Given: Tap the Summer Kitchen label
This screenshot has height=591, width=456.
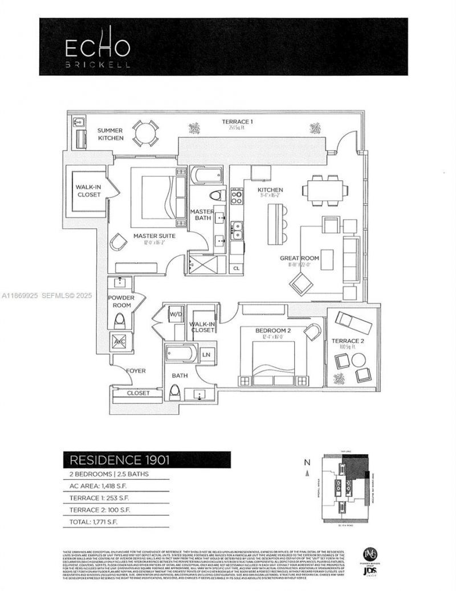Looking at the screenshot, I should [x=109, y=134].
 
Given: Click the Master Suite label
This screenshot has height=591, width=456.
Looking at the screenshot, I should [x=154, y=236].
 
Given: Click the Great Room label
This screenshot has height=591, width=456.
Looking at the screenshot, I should [x=299, y=258].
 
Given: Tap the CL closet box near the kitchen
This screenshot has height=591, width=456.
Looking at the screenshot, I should [x=236, y=268].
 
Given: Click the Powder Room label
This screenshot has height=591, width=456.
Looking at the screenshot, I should [x=120, y=302].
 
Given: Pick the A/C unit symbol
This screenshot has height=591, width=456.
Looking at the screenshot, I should [x=119, y=341].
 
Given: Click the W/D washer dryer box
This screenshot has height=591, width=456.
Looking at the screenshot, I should [x=175, y=314].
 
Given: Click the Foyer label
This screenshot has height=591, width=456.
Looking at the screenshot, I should [x=136, y=371].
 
